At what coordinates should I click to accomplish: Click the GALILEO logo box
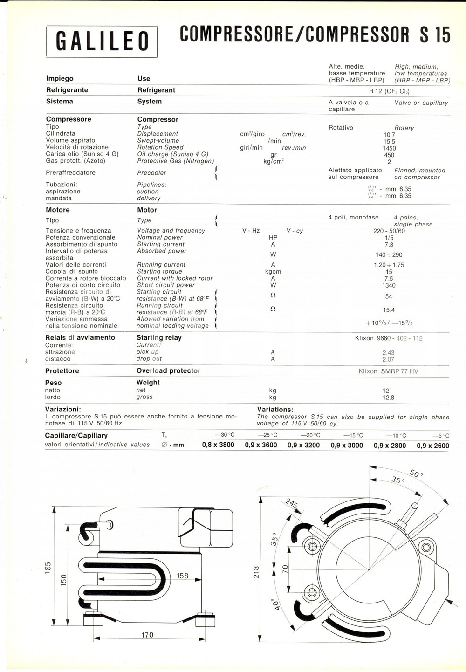[102, 41]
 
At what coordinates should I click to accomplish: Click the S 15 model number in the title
[435, 35]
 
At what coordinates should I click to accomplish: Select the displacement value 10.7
[389, 135]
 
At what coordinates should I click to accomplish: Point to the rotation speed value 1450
[389, 148]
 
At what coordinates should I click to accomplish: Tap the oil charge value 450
[389, 155]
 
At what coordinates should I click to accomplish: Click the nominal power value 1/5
[389, 238]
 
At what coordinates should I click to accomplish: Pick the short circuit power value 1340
[389, 285]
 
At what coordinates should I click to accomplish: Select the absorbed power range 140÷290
[389, 255]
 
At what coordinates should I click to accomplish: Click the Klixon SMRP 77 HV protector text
[388, 371]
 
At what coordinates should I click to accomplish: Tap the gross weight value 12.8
[388, 398]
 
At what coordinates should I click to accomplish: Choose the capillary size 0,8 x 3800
[218, 445]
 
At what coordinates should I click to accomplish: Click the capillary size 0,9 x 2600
[433, 446]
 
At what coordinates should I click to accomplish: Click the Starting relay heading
[159, 337]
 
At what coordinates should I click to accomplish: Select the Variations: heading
[275, 410]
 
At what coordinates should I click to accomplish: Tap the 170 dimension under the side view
[147, 635]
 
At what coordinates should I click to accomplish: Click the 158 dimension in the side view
[182, 576]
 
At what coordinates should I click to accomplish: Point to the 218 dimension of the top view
[256, 572]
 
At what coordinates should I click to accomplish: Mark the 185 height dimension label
[48, 568]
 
